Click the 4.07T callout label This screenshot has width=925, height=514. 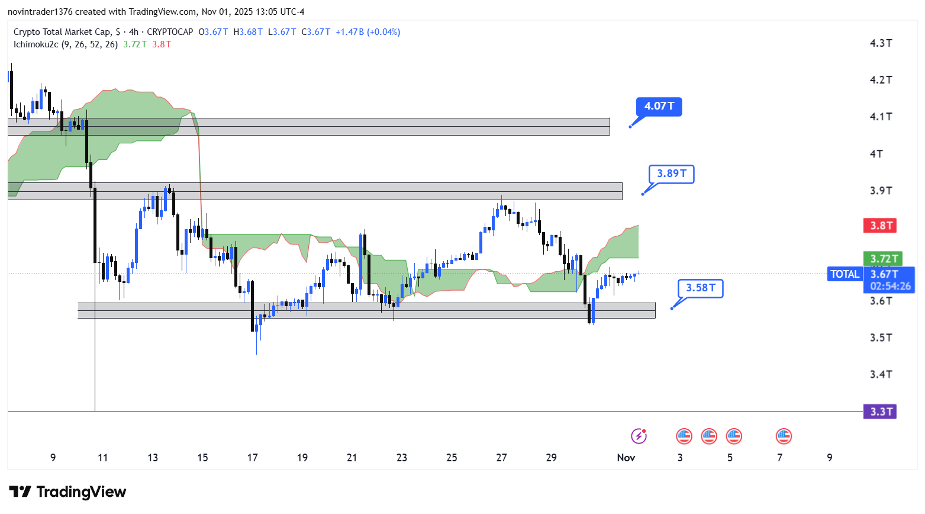659,107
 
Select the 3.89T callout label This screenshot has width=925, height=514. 671,174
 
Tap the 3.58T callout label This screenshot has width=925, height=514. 700,288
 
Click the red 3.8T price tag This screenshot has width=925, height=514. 881,226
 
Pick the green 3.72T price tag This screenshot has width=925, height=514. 882,259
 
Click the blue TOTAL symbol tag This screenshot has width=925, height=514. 845,274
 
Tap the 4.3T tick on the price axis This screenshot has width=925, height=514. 881,43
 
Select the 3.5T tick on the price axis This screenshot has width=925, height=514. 881,338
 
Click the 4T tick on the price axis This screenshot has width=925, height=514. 876,154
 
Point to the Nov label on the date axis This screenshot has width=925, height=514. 626,458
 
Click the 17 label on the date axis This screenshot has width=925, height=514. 253,458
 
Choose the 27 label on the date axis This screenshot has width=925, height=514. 501,458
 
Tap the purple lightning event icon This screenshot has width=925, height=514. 639,436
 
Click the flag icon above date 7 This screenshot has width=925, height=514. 784,436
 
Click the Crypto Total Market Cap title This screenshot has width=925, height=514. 62,32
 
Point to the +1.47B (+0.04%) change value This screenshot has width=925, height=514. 368,32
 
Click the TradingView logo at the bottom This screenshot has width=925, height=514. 67,492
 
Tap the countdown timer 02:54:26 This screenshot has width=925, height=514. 890,287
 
